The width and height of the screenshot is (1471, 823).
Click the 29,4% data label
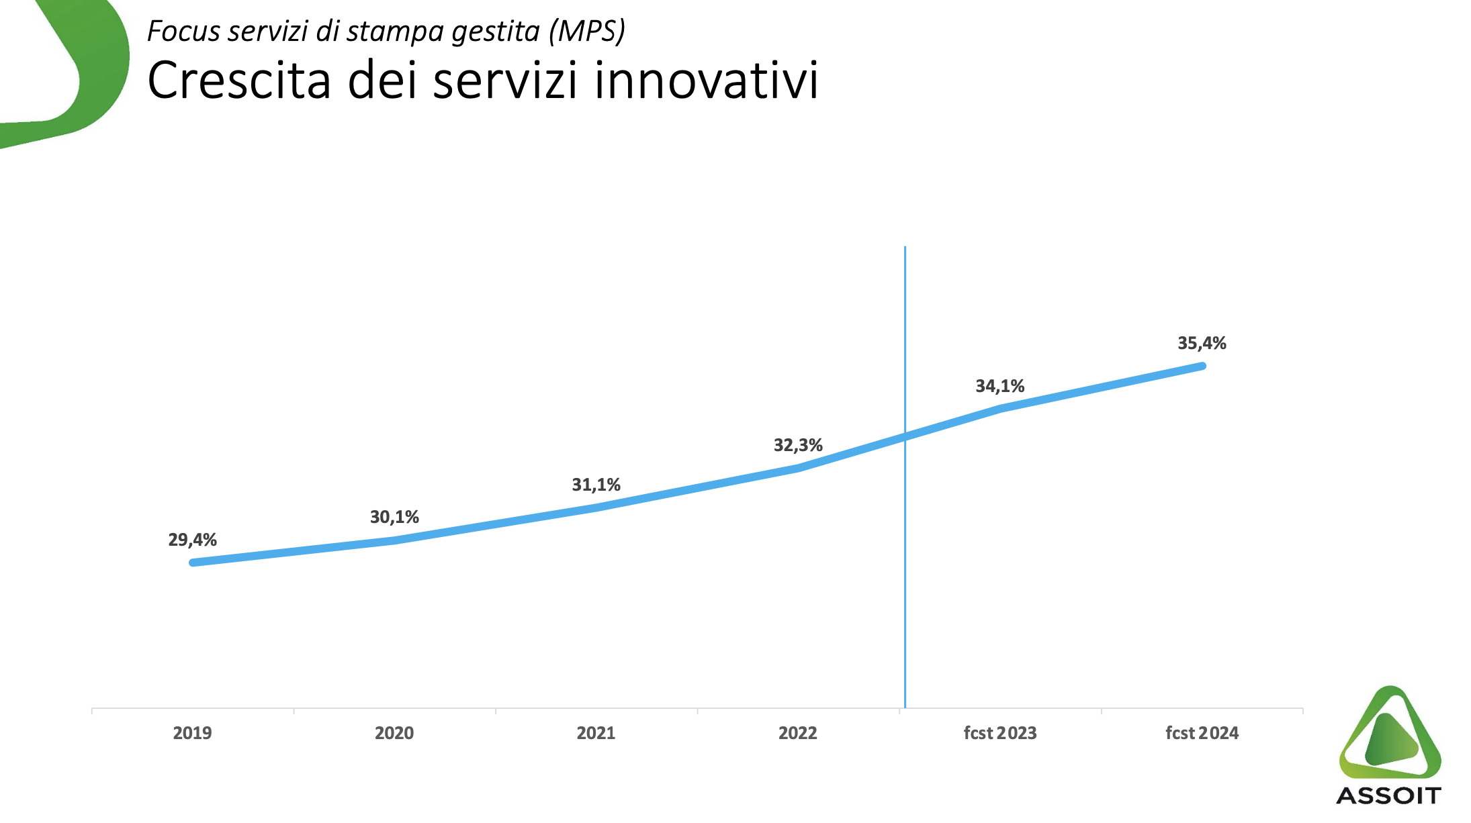point(192,540)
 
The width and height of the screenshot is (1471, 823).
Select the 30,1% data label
point(394,517)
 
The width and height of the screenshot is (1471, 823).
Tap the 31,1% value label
point(596,485)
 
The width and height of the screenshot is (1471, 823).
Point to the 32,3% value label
point(798,445)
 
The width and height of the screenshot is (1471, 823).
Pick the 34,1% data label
point(999,386)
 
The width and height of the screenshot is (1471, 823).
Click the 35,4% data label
point(1202,343)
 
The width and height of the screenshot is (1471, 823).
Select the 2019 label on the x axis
point(192,733)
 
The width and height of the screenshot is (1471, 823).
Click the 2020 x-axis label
point(394,733)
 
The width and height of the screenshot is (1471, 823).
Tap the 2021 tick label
point(596,733)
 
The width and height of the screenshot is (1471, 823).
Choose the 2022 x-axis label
point(798,733)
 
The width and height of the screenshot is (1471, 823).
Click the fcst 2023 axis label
point(999,733)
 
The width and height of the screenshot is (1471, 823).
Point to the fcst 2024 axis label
point(1202,733)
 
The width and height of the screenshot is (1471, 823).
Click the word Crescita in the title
point(239,81)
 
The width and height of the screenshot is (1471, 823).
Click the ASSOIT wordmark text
point(1388,796)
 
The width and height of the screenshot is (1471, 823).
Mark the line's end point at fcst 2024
point(1202,366)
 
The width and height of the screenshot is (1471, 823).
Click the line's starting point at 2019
point(193,563)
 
